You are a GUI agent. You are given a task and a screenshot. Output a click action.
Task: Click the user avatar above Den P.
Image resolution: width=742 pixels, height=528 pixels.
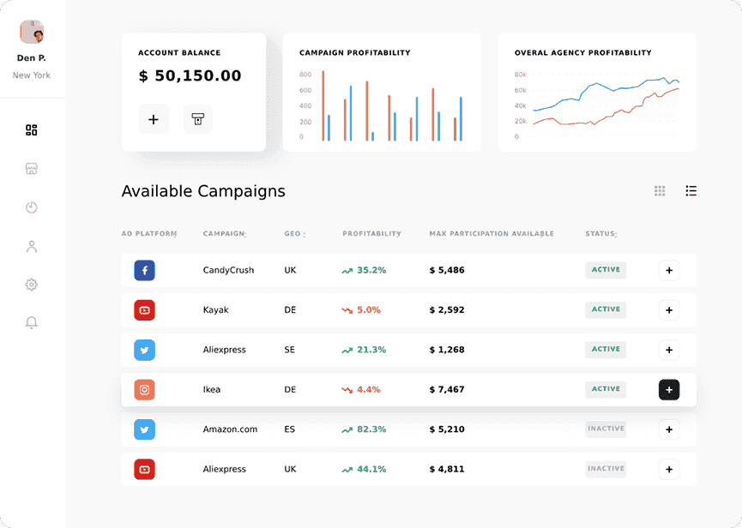coord(32,33)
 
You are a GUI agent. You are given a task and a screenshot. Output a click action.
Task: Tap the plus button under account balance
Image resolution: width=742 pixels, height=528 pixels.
coord(154,119)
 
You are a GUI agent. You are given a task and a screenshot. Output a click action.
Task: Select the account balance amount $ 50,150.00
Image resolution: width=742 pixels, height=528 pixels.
coord(190,76)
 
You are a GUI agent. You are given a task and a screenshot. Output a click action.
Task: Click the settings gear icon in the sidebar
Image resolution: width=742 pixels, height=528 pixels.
coord(32,285)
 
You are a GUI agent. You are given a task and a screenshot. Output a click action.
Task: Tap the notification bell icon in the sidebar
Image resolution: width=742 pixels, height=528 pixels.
coord(32,323)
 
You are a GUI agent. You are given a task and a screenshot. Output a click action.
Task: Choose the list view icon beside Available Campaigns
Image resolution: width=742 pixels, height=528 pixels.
coord(691,191)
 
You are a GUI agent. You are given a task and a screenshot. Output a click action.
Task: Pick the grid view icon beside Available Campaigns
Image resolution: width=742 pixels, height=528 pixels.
coord(660,191)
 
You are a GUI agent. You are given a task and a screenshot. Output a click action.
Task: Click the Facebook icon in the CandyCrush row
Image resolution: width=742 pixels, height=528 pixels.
coord(144,270)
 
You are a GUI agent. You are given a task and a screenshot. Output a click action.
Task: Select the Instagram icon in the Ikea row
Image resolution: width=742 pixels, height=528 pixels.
coord(144,389)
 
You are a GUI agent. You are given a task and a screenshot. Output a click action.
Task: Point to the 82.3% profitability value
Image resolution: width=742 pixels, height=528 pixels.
coord(371,429)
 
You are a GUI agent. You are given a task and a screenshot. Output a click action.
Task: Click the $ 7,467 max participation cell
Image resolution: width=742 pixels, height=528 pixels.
coord(447,389)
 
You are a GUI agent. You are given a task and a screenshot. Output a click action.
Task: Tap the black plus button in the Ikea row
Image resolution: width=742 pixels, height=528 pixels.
coord(669,390)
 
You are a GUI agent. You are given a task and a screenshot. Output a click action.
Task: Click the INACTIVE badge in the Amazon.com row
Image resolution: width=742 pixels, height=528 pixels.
coord(606,429)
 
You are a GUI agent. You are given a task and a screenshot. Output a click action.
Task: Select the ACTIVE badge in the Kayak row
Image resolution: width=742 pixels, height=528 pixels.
coord(606,309)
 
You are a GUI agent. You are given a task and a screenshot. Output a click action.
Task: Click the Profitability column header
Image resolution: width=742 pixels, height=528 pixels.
coord(371,234)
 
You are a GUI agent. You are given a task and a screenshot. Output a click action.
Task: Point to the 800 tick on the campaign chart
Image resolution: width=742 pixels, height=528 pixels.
coord(305,75)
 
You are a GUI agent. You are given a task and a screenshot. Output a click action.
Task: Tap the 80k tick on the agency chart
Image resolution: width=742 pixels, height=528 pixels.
coord(520,75)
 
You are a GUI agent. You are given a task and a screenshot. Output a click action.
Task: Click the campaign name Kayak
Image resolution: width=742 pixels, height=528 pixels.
coord(216,309)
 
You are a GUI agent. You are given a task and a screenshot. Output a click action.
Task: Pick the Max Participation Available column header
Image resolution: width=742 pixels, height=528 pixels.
coord(492,234)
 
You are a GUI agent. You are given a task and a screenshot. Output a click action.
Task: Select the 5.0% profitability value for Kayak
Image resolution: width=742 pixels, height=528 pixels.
coord(368,309)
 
